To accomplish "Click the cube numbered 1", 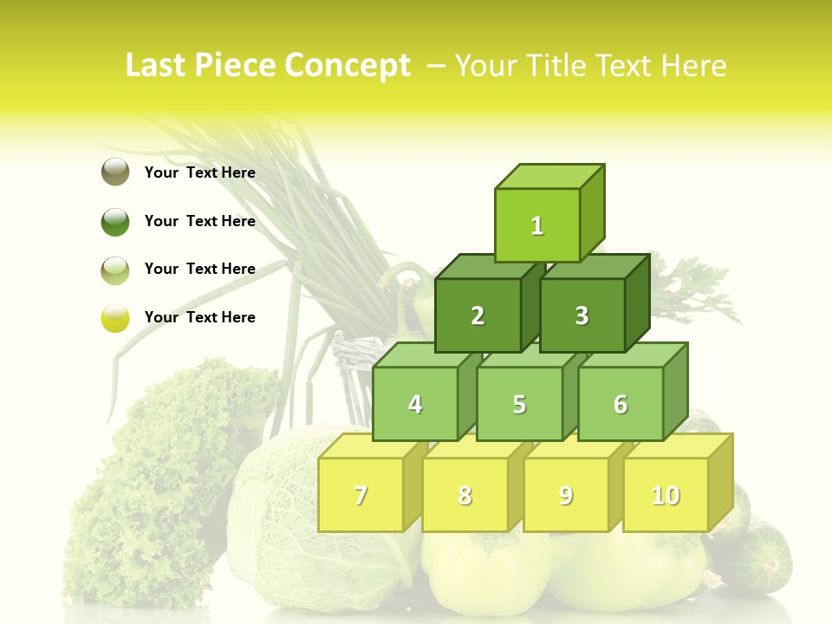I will pos(537,225).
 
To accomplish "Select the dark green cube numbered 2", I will pos(478,315).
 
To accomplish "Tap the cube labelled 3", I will pos(582,315).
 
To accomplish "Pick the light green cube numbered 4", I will pos(415,404).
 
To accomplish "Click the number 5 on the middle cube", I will pos(519,404).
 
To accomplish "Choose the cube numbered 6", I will pos(621,404).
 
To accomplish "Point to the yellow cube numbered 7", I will pos(361,495).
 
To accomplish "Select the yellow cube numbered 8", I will pos(465,495).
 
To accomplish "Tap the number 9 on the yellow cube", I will pos(565,495).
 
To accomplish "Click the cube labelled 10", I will pos(666,495).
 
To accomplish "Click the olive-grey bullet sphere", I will pos(115,172).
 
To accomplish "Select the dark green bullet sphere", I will pos(115,221).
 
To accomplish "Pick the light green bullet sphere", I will pos(115,270).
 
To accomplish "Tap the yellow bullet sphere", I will pos(115,318).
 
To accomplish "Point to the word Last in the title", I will pos(157,66).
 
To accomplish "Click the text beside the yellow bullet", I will pos(200,317).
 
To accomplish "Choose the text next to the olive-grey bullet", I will pos(200,172).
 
